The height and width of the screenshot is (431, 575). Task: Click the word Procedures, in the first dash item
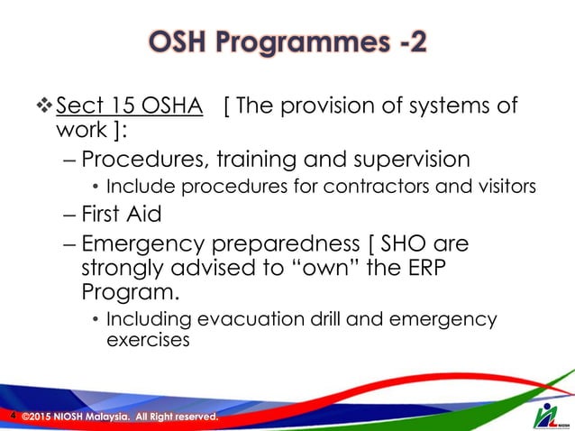pos(148,160)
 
